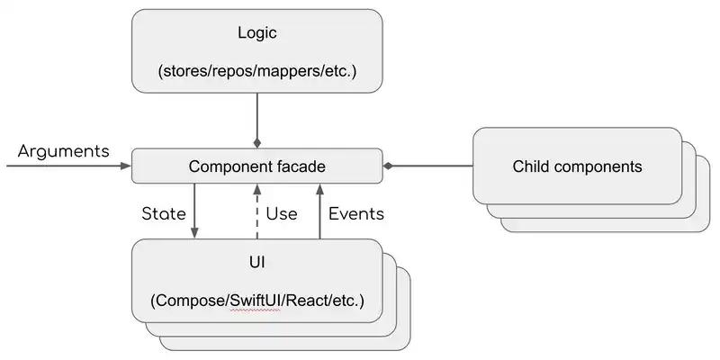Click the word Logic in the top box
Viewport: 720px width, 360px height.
click(257, 33)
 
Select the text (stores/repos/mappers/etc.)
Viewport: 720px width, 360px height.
click(257, 71)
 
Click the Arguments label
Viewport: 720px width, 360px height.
click(63, 150)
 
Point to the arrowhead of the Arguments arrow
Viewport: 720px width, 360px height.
click(126, 166)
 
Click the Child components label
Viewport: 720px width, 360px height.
click(577, 166)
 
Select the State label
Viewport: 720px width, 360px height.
click(164, 214)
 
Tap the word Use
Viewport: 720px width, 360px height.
click(282, 214)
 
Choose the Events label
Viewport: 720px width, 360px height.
click(356, 214)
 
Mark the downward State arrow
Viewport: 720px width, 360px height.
click(193, 212)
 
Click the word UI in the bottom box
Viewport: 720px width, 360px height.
click(257, 262)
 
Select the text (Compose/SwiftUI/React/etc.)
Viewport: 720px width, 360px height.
click(257, 299)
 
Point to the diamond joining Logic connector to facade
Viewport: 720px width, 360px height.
click(257, 143)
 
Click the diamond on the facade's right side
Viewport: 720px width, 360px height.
click(389, 166)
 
